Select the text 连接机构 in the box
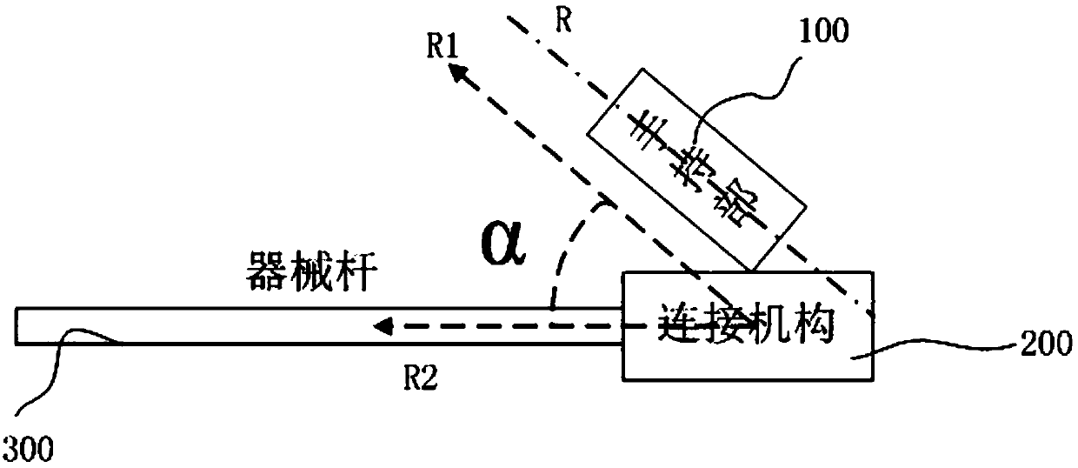[x=745, y=328]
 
